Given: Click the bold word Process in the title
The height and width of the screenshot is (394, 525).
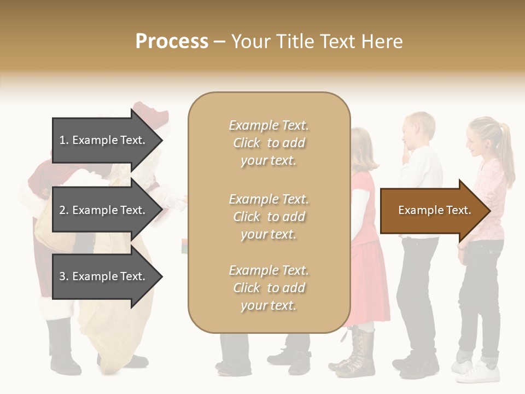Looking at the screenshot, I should [172, 42].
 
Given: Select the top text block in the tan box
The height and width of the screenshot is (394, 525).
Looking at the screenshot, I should [269, 143].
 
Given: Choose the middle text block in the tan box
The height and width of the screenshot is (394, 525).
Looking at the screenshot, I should [269, 217].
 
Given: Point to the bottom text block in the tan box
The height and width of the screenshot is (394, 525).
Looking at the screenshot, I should [269, 288].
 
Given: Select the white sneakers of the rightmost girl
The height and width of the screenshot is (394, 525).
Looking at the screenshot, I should [479, 372].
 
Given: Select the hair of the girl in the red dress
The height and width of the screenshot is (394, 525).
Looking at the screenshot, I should [364, 148].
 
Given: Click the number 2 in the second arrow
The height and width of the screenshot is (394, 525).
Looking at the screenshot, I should [62, 210].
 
